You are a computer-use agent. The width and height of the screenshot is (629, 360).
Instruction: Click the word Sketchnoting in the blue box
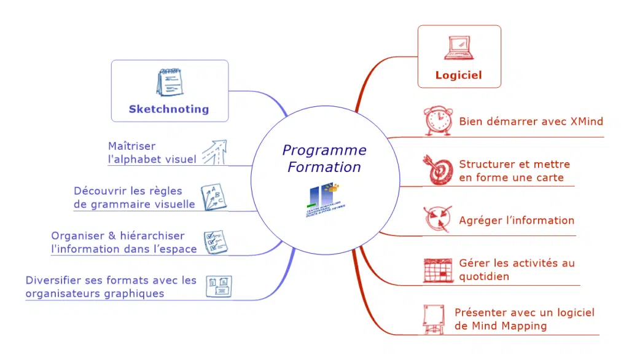(x=169, y=109)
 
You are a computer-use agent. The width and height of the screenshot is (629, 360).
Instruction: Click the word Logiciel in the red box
(x=458, y=76)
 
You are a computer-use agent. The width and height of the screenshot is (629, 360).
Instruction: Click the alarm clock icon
(x=438, y=121)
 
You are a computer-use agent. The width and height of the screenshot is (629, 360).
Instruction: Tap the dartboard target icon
(x=437, y=170)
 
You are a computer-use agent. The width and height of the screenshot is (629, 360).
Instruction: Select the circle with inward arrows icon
(x=438, y=219)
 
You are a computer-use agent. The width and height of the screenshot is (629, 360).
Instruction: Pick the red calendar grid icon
(x=438, y=270)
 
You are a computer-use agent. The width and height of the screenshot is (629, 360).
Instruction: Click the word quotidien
(x=484, y=276)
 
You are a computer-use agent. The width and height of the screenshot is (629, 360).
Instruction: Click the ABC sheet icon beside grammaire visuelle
(x=212, y=197)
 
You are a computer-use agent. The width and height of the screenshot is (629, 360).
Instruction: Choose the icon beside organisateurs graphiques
(x=218, y=286)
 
